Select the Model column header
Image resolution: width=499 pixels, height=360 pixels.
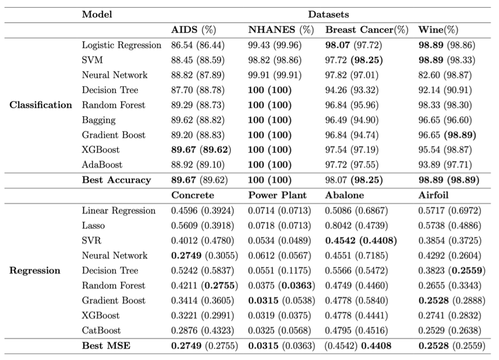coord(97,15)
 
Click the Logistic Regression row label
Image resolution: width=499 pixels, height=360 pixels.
coord(121,46)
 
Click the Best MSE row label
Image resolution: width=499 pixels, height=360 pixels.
coord(102,346)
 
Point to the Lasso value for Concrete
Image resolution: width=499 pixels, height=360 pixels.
coord(203,225)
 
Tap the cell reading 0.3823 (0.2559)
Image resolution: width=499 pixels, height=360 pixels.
coord(452,271)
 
